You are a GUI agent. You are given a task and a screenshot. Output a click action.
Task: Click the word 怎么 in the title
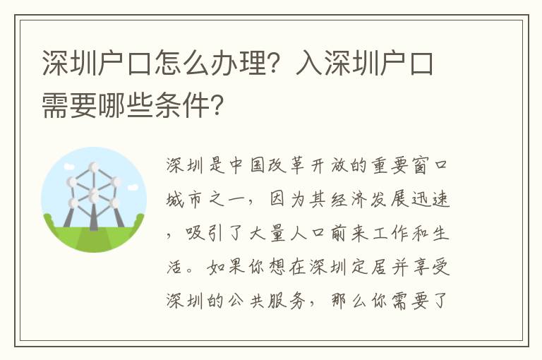(182, 63)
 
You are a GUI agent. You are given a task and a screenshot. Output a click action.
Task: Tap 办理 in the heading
(238, 63)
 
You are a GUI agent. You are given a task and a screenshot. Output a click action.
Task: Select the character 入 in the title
(309, 63)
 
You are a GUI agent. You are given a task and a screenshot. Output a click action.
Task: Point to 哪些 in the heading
(126, 104)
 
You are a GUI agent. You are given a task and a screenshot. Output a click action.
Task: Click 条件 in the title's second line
(182, 104)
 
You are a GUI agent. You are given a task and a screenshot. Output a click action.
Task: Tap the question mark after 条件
(217, 104)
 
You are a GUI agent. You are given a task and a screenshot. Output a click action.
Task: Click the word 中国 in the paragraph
(246, 165)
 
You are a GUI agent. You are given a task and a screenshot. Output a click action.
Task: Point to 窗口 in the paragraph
(430, 165)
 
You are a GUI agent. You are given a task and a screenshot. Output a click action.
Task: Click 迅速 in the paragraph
(430, 200)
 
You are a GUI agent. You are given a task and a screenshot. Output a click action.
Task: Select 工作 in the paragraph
(390, 234)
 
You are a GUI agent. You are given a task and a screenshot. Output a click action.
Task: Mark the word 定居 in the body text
(369, 268)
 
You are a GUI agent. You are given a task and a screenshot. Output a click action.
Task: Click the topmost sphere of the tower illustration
(93, 167)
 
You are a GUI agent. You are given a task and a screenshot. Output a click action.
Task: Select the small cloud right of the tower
(133, 188)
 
